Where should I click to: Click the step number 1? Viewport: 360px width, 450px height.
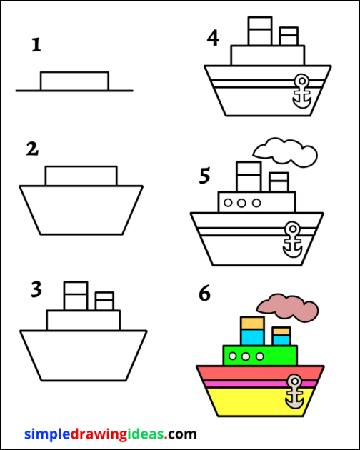tap(36, 46)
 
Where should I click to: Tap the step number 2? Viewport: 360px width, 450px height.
tap(31, 149)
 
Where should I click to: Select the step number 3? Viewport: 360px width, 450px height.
tap(36, 289)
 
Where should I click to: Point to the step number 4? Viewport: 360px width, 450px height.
tap(213, 38)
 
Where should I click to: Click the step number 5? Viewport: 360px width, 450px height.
tap(206, 176)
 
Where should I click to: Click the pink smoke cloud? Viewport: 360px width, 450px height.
tap(289, 307)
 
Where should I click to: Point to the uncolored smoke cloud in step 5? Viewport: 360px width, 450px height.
tap(286, 150)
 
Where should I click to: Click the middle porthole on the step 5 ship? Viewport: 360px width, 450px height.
tap(241, 203)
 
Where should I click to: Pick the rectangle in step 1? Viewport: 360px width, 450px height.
tap(74, 81)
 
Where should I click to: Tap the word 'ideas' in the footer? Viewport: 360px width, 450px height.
tap(147, 434)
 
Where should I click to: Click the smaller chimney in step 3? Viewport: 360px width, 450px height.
tap(104, 300)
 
